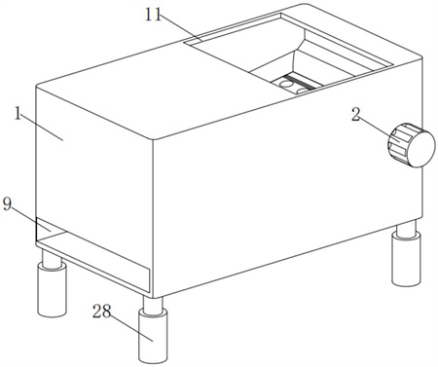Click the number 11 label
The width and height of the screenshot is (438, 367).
tap(153, 15)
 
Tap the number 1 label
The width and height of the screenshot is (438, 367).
tap(18, 114)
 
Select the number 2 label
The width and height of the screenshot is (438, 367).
tap(356, 114)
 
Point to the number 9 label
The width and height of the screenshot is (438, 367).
tap(8, 203)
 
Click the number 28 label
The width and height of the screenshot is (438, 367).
tap(101, 312)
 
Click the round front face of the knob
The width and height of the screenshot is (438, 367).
tap(420, 149)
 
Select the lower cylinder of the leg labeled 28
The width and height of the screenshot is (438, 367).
tap(153, 336)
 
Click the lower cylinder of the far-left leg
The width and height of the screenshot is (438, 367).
tap(53, 290)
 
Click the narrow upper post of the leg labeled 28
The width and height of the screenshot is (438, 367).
tap(153, 305)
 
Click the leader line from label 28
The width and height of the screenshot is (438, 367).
tap(131, 329)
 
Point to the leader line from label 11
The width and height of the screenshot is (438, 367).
tap(182, 30)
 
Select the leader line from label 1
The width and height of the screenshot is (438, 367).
tap(42, 129)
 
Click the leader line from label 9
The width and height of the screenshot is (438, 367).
tap(31, 220)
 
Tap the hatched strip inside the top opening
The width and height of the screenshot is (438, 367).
tap(300, 81)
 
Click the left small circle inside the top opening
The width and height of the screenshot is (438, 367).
tap(285, 85)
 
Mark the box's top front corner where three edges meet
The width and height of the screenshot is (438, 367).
tap(153, 139)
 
